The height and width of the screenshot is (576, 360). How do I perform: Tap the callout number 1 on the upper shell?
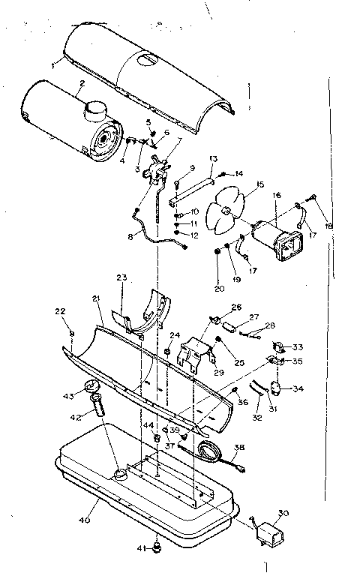pyautogui.click(x=53, y=66)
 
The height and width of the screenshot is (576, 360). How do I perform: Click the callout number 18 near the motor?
pyautogui.click(x=328, y=226)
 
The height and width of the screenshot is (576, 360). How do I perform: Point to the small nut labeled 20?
pyautogui.click(x=217, y=252)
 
